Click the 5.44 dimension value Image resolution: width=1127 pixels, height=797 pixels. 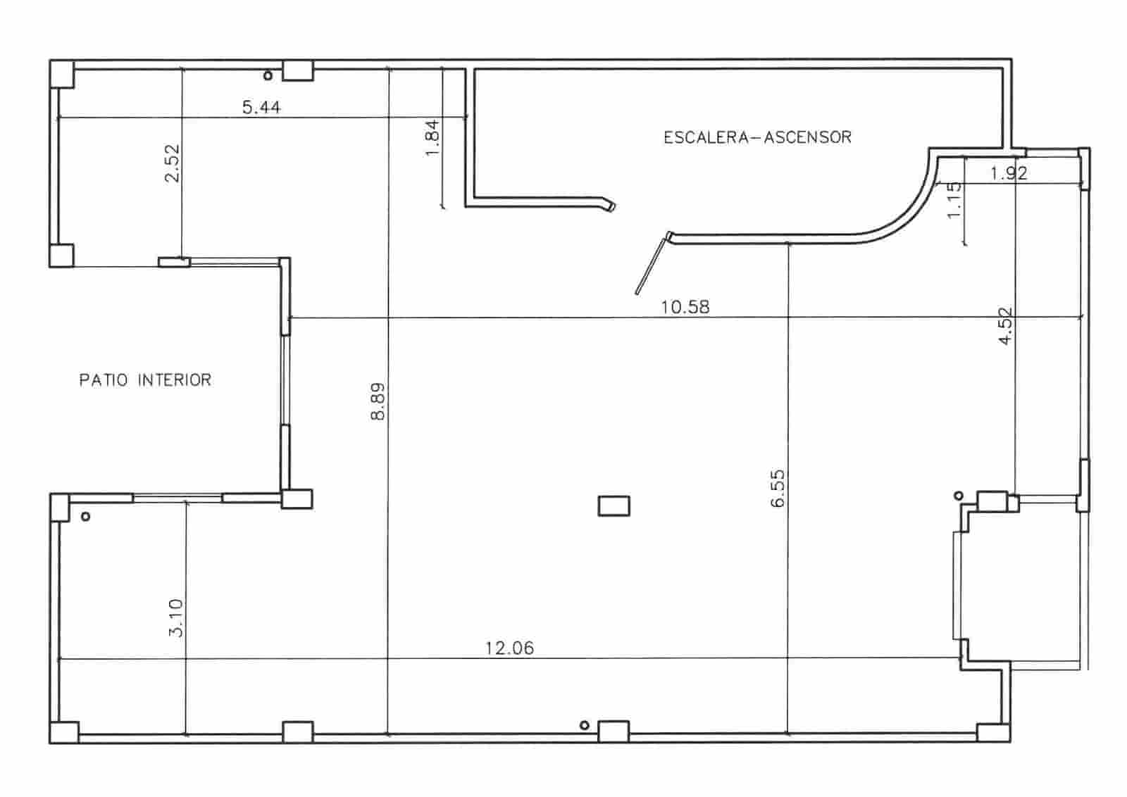tap(261, 108)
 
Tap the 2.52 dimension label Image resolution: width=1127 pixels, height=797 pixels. tap(172, 163)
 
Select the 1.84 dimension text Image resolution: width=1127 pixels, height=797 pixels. tap(432, 138)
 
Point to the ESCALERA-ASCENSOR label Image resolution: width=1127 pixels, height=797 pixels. tap(757, 137)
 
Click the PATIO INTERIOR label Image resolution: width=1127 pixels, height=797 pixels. tap(145, 380)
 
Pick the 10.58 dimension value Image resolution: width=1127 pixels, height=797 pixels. tap(685, 307)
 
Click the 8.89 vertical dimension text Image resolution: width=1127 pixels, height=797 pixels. tap(378, 401)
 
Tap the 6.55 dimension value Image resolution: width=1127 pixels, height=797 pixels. tap(778, 489)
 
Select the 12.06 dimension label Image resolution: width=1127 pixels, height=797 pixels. tap(509, 648)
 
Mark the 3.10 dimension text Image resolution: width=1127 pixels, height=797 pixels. tap(175, 617)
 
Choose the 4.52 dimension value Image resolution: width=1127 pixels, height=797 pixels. tap(1005, 325)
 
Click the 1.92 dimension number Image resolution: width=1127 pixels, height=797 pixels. tap(1009, 173)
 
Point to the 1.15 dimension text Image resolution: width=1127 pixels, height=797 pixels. tap(954, 200)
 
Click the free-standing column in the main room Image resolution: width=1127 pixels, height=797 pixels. tap(614, 506)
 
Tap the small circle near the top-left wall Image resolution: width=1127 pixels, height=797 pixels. tap(268, 75)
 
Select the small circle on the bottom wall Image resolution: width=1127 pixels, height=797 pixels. tap(583, 725)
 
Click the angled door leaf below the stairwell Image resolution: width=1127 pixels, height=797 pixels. tap(652, 265)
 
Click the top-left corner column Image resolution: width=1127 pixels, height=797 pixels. tap(62, 74)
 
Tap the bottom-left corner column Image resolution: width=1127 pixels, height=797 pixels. tap(64, 732)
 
